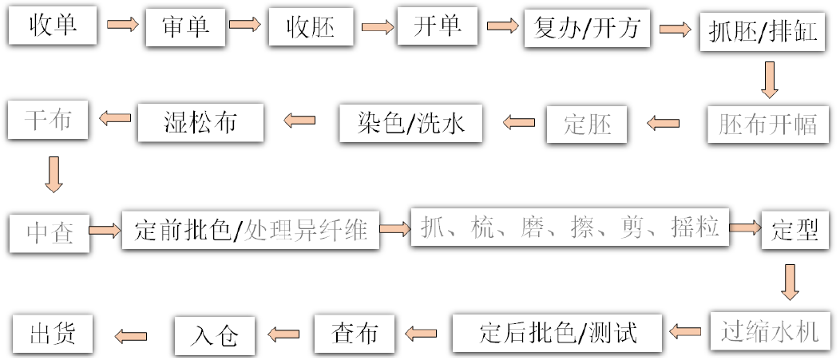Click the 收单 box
pos(53,26)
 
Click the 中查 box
pos(50,231)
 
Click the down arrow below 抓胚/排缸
pos(770,79)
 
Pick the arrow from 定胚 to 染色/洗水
pos(520,122)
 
